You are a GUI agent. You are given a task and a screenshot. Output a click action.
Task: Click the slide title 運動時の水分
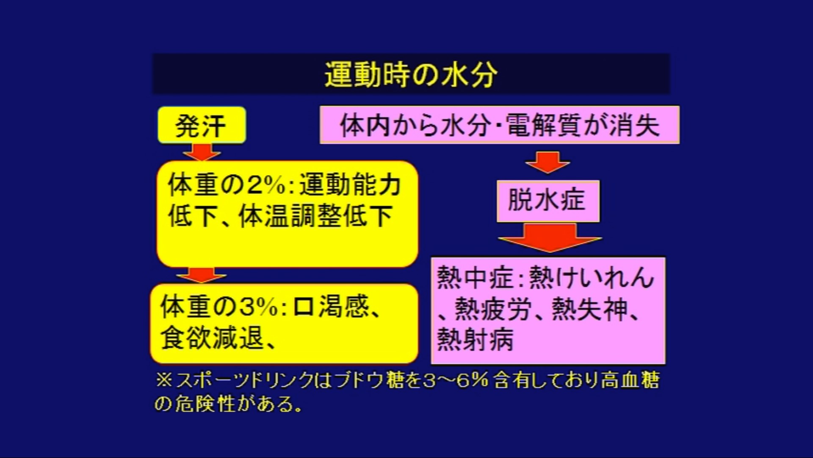(x=411, y=75)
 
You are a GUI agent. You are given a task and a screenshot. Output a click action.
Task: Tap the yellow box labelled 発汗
(x=202, y=125)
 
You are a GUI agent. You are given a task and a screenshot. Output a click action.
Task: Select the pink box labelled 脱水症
(x=548, y=201)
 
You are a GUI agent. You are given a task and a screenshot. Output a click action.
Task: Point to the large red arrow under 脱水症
(x=550, y=237)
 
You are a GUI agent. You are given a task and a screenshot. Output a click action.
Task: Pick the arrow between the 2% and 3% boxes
(x=202, y=275)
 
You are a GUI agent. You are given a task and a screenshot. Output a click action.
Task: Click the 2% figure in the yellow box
(x=266, y=185)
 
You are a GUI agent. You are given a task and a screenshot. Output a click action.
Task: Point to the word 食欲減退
(x=212, y=338)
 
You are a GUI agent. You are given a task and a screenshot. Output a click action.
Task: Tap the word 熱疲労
(x=493, y=309)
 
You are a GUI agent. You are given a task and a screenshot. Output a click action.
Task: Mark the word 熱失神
(x=590, y=309)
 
